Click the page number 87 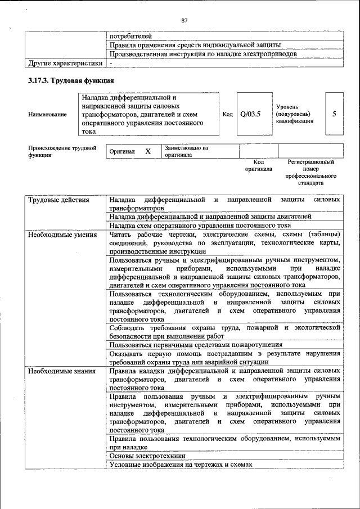[184, 21]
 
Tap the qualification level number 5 [334, 114]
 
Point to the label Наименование [47, 114]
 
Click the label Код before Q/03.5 [227, 114]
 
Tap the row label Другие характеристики [65, 64]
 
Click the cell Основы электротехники [147, 456]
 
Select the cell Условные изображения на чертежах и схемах [181, 465]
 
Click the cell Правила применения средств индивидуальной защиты [195, 45]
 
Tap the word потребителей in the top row [130, 36]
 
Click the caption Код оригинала [258, 165]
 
